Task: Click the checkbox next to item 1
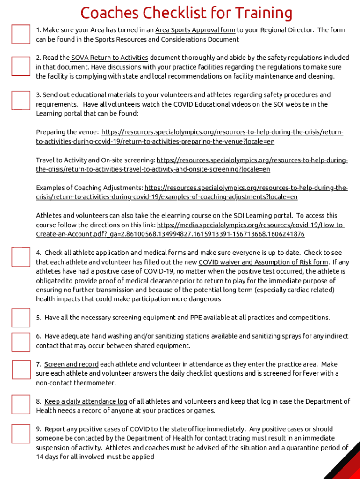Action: coord(21,34)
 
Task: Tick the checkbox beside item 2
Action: coord(21,66)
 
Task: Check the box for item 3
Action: coord(21,100)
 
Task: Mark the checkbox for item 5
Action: coord(21,318)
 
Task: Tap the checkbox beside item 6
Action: coord(21,341)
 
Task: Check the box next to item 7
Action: coord(21,369)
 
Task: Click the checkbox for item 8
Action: coord(21,405)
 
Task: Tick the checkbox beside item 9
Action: coord(21,434)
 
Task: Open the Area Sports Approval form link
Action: coord(195,30)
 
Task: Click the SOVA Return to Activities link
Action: coord(109,58)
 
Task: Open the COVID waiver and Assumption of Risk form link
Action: coord(263,262)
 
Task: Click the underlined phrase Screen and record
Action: coord(71,364)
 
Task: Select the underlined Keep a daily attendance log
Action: coord(86,401)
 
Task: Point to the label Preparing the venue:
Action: coord(67,132)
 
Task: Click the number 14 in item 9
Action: coord(40,457)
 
